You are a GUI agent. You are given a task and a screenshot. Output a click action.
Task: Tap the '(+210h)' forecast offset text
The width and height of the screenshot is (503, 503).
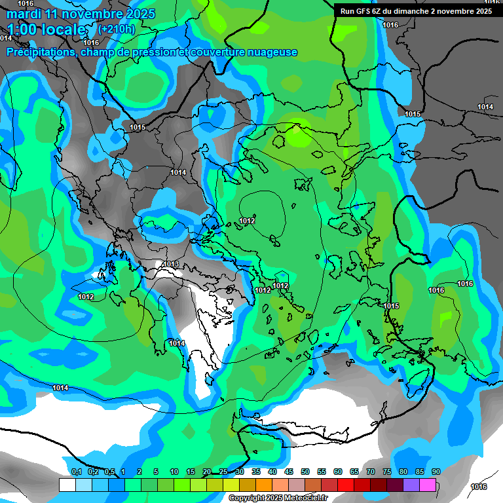pos(116,29)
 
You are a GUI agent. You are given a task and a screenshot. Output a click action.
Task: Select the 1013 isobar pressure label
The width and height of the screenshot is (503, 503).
pos(171,264)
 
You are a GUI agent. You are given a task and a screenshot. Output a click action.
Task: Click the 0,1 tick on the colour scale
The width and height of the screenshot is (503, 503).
pos(76,472)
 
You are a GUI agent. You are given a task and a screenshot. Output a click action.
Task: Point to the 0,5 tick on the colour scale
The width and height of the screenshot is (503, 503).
pos(109,472)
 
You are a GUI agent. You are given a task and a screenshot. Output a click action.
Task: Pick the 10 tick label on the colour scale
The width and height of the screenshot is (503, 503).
pos(174,472)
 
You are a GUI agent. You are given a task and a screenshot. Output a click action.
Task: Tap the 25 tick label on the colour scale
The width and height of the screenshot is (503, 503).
pos(223,472)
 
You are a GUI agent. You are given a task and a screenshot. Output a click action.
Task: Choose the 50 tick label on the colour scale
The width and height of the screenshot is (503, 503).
pos(305,472)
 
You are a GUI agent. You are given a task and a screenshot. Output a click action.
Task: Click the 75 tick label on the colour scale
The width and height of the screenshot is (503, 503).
pos(387,472)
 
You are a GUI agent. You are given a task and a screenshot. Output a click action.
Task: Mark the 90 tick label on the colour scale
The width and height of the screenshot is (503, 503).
pos(436,472)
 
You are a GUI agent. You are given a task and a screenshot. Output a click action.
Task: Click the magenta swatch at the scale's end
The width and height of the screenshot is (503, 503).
pos(428,485)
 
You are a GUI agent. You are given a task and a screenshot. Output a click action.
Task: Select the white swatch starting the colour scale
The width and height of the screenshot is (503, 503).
pos(67,485)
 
